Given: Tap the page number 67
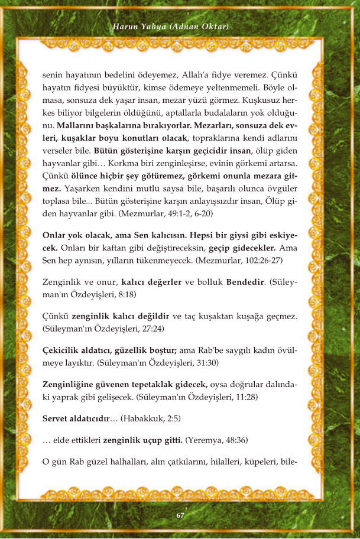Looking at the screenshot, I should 180,515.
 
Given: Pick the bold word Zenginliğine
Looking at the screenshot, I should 73,385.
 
